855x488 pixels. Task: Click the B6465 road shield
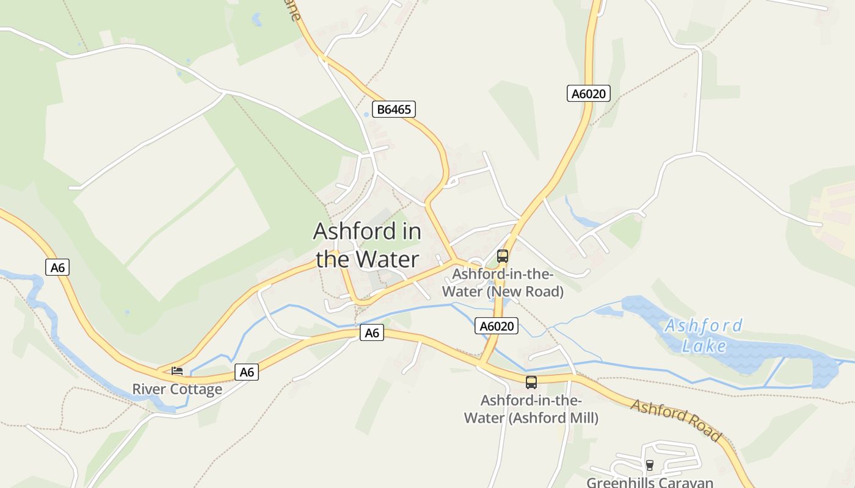click(394, 110)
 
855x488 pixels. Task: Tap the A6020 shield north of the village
click(588, 93)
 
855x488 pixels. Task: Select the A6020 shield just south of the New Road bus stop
click(497, 326)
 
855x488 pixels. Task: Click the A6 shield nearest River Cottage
click(247, 372)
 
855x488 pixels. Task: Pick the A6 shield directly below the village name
click(371, 332)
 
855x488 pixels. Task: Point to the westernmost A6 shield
click(57, 267)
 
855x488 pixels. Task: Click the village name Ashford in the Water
click(367, 245)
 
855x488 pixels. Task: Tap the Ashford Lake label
click(704, 335)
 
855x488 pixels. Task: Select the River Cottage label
click(177, 389)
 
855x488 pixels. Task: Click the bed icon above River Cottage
click(177, 370)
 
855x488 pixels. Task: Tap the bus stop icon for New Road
click(503, 256)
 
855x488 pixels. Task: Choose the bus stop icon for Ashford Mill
click(531, 382)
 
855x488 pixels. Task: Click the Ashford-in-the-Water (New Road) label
click(503, 283)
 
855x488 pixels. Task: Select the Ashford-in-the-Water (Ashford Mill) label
click(531, 409)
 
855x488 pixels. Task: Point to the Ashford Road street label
click(676, 420)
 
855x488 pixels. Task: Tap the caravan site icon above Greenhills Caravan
click(649, 465)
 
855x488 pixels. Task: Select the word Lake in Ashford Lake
click(704, 346)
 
